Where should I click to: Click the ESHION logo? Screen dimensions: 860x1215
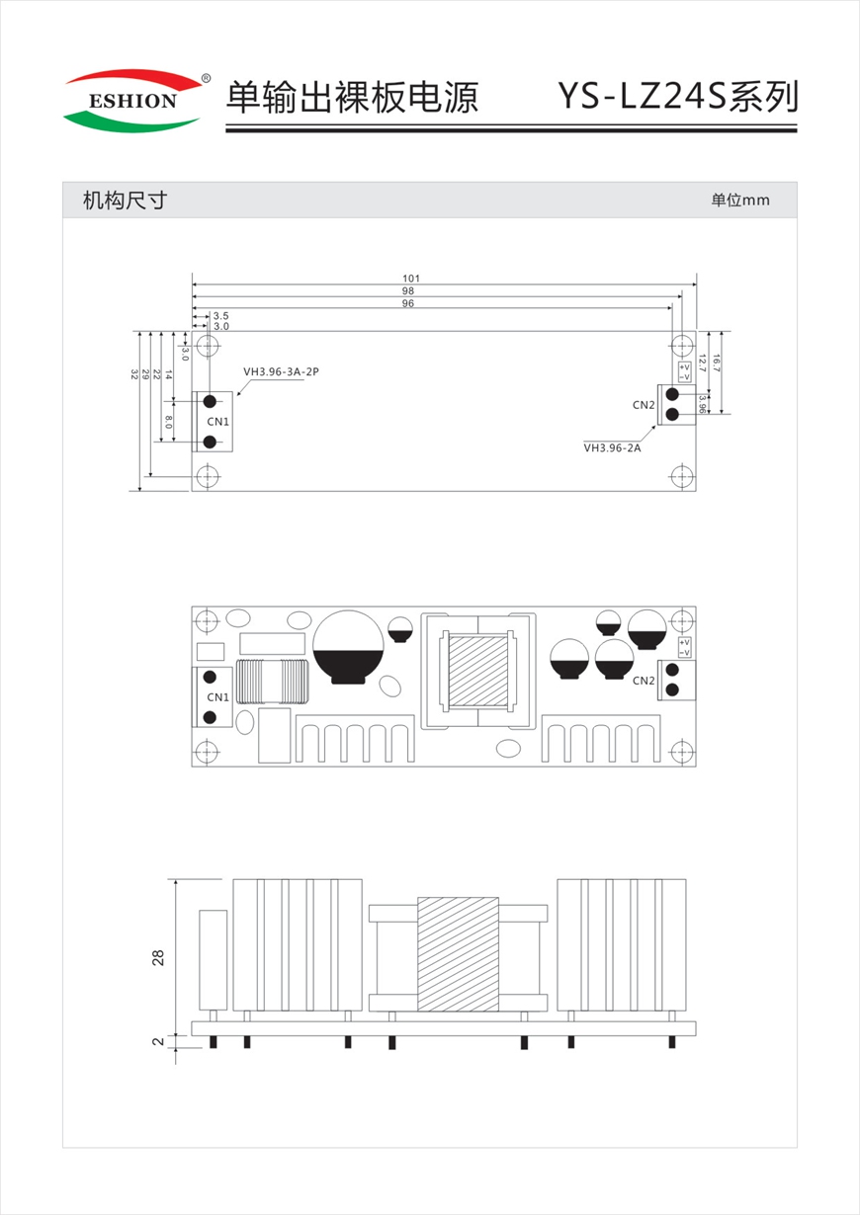tap(133, 101)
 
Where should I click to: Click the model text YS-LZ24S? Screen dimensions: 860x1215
tap(643, 97)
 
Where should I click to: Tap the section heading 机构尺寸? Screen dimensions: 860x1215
tap(125, 201)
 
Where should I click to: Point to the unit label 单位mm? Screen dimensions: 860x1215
tap(740, 201)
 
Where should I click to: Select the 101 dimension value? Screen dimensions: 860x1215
tap(411, 279)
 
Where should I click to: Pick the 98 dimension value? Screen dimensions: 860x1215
tap(408, 290)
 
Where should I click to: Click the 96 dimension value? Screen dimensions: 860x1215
tap(408, 303)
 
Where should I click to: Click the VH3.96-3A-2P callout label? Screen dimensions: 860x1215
tap(282, 371)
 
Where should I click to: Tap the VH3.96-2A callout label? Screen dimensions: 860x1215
tap(613, 447)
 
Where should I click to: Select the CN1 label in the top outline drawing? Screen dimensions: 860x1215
tap(217, 422)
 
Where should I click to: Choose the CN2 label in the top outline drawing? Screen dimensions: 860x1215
tap(644, 405)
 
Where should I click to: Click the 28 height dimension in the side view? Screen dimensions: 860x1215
tap(158, 957)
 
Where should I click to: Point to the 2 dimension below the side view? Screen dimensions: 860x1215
tap(158, 1041)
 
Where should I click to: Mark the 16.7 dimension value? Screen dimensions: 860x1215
tap(716, 363)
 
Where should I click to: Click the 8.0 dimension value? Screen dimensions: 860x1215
tap(169, 422)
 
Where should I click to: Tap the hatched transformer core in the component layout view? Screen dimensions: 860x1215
tap(478, 672)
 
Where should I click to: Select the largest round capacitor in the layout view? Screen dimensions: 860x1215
tap(349, 647)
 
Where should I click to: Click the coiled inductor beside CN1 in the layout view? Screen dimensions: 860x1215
tap(272, 682)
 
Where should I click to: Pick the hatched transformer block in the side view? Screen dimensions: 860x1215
tap(459, 954)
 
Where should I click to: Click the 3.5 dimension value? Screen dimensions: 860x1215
tap(221, 316)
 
